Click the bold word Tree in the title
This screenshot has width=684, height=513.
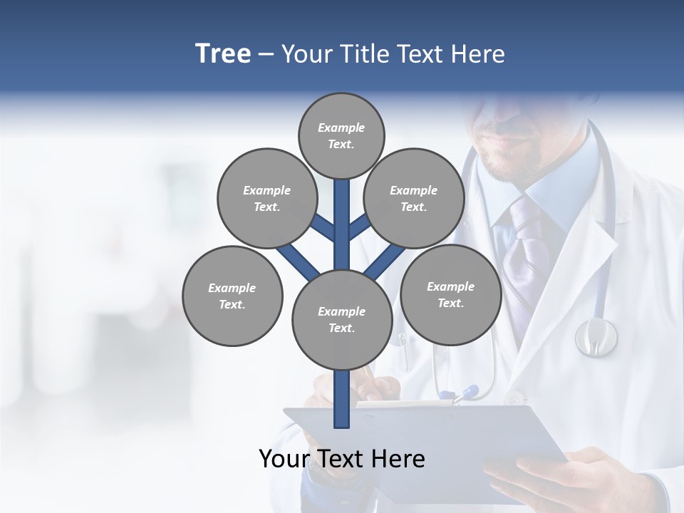(x=223, y=54)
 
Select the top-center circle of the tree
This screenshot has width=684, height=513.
(x=341, y=135)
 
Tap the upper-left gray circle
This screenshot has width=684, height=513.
(x=266, y=198)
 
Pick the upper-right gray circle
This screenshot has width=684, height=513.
(x=413, y=198)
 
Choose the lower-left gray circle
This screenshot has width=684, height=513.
(x=232, y=296)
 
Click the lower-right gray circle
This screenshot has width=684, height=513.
(x=450, y=294)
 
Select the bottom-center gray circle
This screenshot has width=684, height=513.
(x=342, y=319)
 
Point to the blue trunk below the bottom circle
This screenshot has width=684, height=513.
(x=342, y=399)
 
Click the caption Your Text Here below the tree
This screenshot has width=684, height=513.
(x=342, y=459)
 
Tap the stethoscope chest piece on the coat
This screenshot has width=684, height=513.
(x=596, y=336)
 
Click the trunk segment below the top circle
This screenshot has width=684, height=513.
(x=342, y=214)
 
